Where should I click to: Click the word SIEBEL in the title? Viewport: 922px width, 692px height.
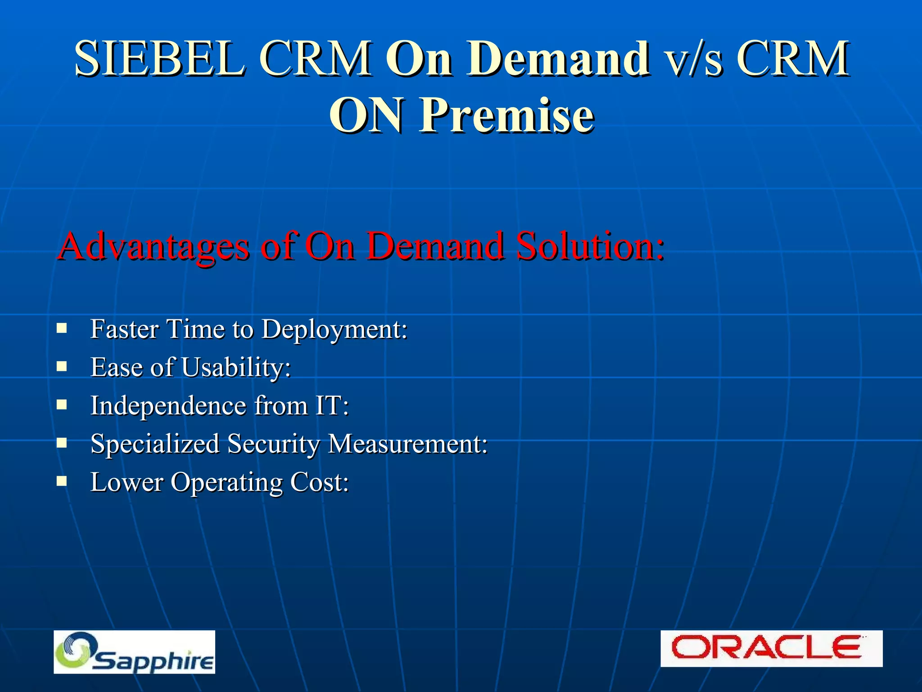click(160, 59)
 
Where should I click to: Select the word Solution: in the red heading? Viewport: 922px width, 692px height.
click(590, 246)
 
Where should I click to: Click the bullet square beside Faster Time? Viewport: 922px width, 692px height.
click(62, 328)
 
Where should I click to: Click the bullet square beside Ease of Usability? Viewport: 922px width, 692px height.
click(62, 366)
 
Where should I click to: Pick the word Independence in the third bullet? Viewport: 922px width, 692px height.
click(168, 405)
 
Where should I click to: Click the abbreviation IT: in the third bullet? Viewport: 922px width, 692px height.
click(332, 405)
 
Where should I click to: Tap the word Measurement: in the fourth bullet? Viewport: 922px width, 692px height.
click(407, 444)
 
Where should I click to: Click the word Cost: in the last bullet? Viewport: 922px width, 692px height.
click(319, 483)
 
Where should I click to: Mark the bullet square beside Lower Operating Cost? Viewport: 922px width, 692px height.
click(62, 481)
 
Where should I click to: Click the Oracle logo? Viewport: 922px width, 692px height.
click(771, 648)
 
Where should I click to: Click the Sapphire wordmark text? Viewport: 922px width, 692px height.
click(153, 661)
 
